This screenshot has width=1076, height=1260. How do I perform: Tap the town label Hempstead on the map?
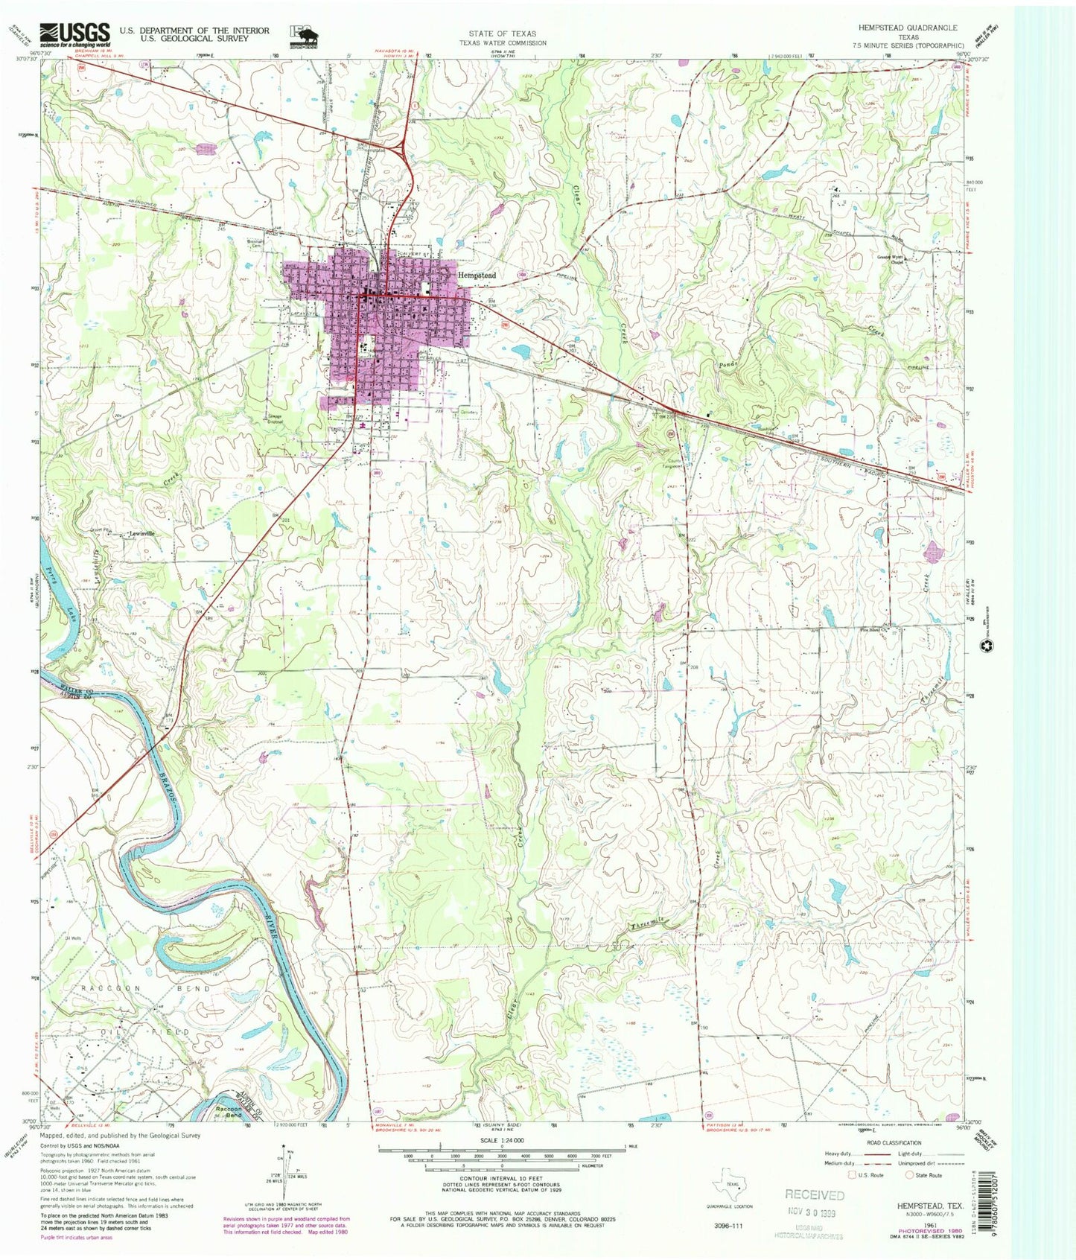pyautogui.click(x=477, y=275)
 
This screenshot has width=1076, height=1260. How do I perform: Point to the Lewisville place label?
pyautogui.click(x=145, y=533)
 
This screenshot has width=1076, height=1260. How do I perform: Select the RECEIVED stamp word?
pyautogui.click(x=815, y=1194)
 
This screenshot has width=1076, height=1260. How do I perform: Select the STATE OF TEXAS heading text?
pyautogui.click(x=502, y=34)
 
